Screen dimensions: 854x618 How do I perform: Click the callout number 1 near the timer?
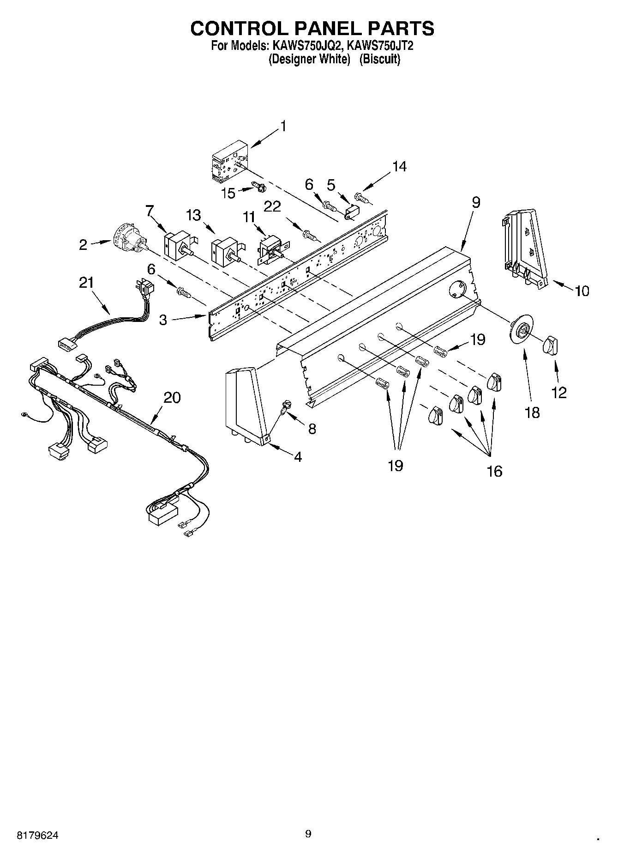pyautogui.click(x=283, y=126)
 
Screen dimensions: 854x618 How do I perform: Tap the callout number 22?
pyautogui.click(x=272, y=206)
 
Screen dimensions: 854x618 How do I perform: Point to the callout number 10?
pyautogui.click(x=582, y=291)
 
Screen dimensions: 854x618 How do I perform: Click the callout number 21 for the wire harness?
pyautogui.click(x=86, y=282)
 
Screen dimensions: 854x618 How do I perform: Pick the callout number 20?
pyautogui.click(x=172, y=397)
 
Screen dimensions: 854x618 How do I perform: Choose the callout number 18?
pyautogui.click(x=532, y=412)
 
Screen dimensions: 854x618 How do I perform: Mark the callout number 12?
pyautogui.click(x=559, y=393)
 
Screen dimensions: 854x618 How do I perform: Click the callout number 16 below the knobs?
pyautogui.click(x=494, y=471)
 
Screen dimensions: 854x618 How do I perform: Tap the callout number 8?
pyautogui.click(x=312, y=429)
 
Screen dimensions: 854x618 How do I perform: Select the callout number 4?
pyautogui.click(x=298, y=457)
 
